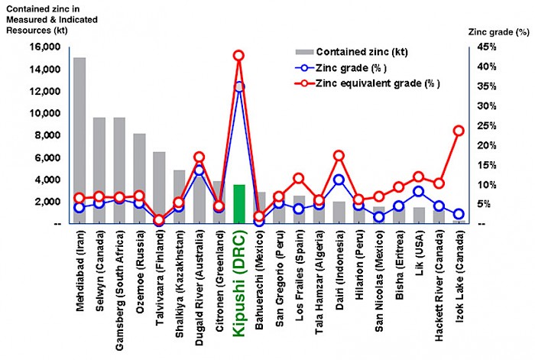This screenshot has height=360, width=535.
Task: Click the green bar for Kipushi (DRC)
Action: pyautogui.click(x=239, y=203)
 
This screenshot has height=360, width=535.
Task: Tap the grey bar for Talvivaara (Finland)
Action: pyautogui.click(x=159, y=183)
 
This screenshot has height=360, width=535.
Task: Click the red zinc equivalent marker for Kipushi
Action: pyautogui.click(x=238, y=56)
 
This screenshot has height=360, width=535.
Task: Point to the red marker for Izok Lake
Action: pyautogui.click(x=459, y=131)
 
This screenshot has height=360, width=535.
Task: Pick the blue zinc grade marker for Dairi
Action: pyautogui.click(x=339, y=180)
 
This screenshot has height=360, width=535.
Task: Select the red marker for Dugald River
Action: pyautogui.click(x=199, y=157)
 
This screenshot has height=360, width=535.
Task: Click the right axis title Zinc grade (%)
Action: pyautogui.click(x=497, y=32)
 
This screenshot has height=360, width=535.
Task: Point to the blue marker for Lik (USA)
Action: pyautogui.click(x=419, y=192)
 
